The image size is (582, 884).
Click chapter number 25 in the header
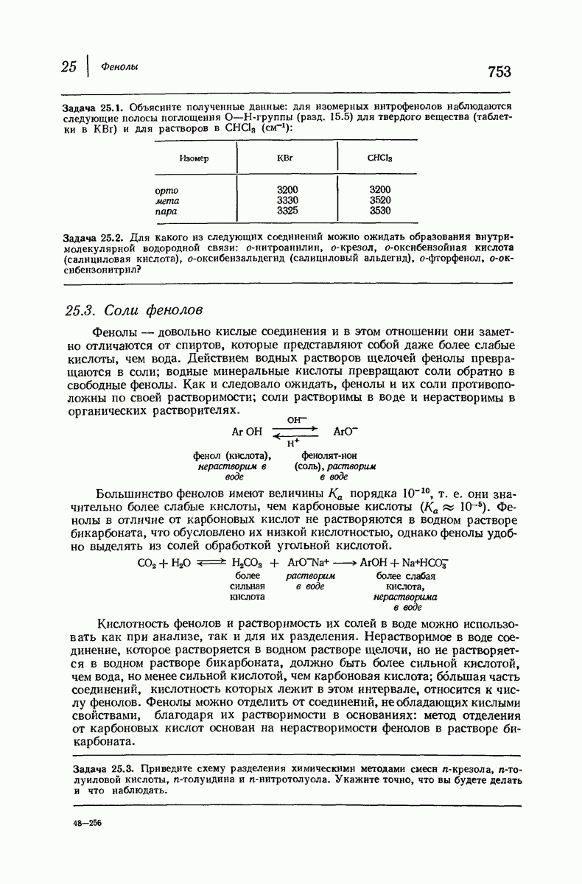[x=69, y=66]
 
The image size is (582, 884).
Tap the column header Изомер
[x=194, y=158]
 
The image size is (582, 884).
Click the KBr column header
[x=285, y=158]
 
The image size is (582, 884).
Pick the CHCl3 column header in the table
[x=379, y=158]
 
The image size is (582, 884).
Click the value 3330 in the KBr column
[x=287, y=200]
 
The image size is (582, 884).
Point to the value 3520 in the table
[x=379, y=200]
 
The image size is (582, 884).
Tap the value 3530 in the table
[x=379, y=211]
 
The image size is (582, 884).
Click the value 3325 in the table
[x=287, y=211]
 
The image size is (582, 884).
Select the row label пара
[x=166, y=211]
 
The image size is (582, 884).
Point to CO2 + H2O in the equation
[x=164, y=563]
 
